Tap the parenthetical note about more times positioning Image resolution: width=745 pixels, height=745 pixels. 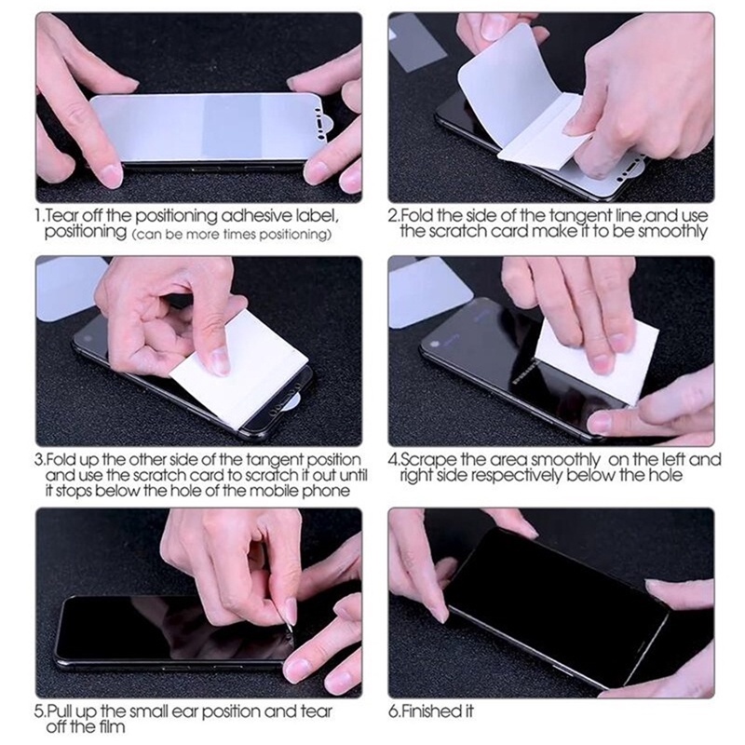[x=231, y=234]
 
